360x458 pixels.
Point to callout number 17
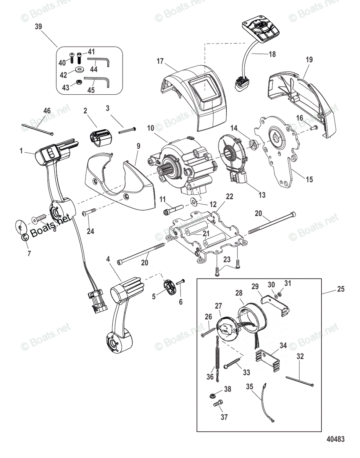click(x=160, y=61)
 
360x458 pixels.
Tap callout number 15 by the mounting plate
click(x=309, y=179)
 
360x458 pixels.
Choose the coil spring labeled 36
click(x=217, y=360)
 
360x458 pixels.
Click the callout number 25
click(x=340, y=289)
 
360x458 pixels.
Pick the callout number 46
click(x=47, y=111)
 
